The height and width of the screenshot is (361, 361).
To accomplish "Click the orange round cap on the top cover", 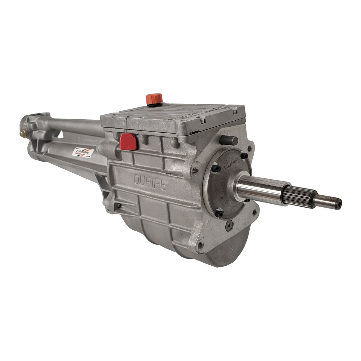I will click(x=154, y=99).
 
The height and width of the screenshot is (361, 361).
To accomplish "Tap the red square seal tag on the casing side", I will click(x=128, y=142).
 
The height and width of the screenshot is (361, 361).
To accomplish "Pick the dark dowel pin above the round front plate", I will click(x=230, y=140).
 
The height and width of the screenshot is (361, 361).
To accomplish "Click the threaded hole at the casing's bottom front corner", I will click(x=199, y=244).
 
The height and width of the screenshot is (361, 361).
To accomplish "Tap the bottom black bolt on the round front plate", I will click(x=220, y=214).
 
